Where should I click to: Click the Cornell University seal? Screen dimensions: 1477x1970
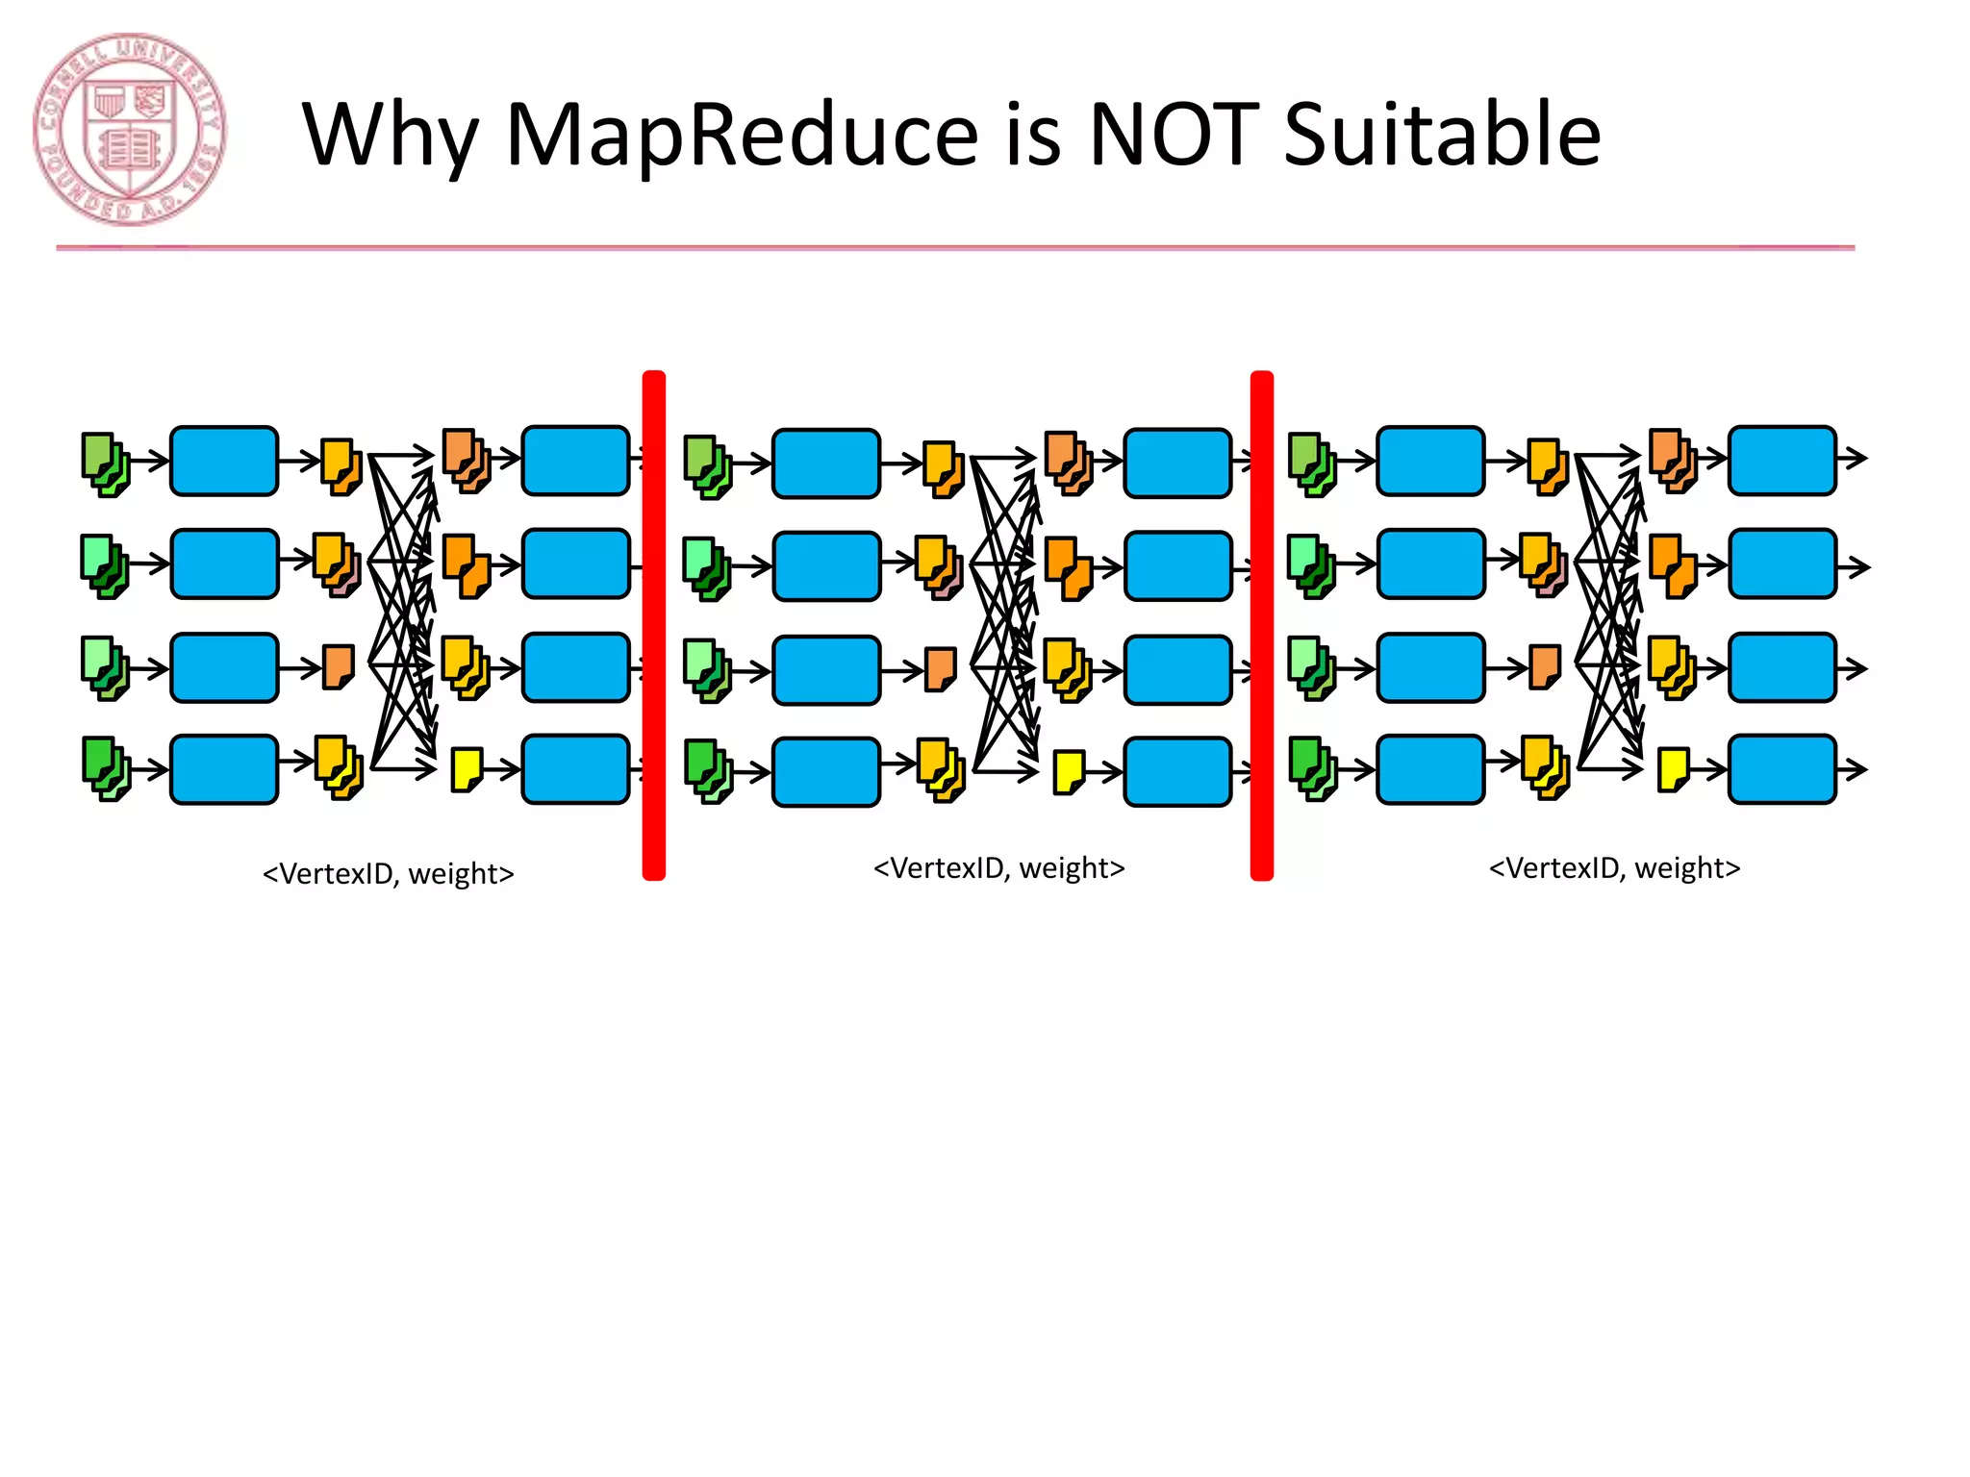pos(130,130)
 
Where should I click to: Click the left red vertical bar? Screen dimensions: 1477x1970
pos(654,625)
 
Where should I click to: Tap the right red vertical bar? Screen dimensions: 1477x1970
pos(1261,625)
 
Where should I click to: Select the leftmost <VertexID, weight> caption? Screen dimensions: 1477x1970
pos(389,874)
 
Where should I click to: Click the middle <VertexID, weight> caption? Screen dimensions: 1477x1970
pos(998,868)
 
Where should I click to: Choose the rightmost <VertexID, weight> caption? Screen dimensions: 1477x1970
pos(1614,868)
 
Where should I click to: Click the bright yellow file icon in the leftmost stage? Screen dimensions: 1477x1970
pos(467,769)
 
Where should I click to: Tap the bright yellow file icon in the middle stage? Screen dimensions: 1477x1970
pos(1070,772)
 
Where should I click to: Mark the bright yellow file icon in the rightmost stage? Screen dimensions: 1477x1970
pos(1674,769)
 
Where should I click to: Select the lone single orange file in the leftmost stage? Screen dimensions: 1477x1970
pos(338,666)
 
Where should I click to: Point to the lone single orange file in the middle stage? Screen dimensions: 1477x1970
pos(941,669)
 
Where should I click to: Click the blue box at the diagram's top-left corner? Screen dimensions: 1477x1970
pos(224,462)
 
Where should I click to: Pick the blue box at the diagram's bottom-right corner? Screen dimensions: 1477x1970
pos(1781,769)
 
